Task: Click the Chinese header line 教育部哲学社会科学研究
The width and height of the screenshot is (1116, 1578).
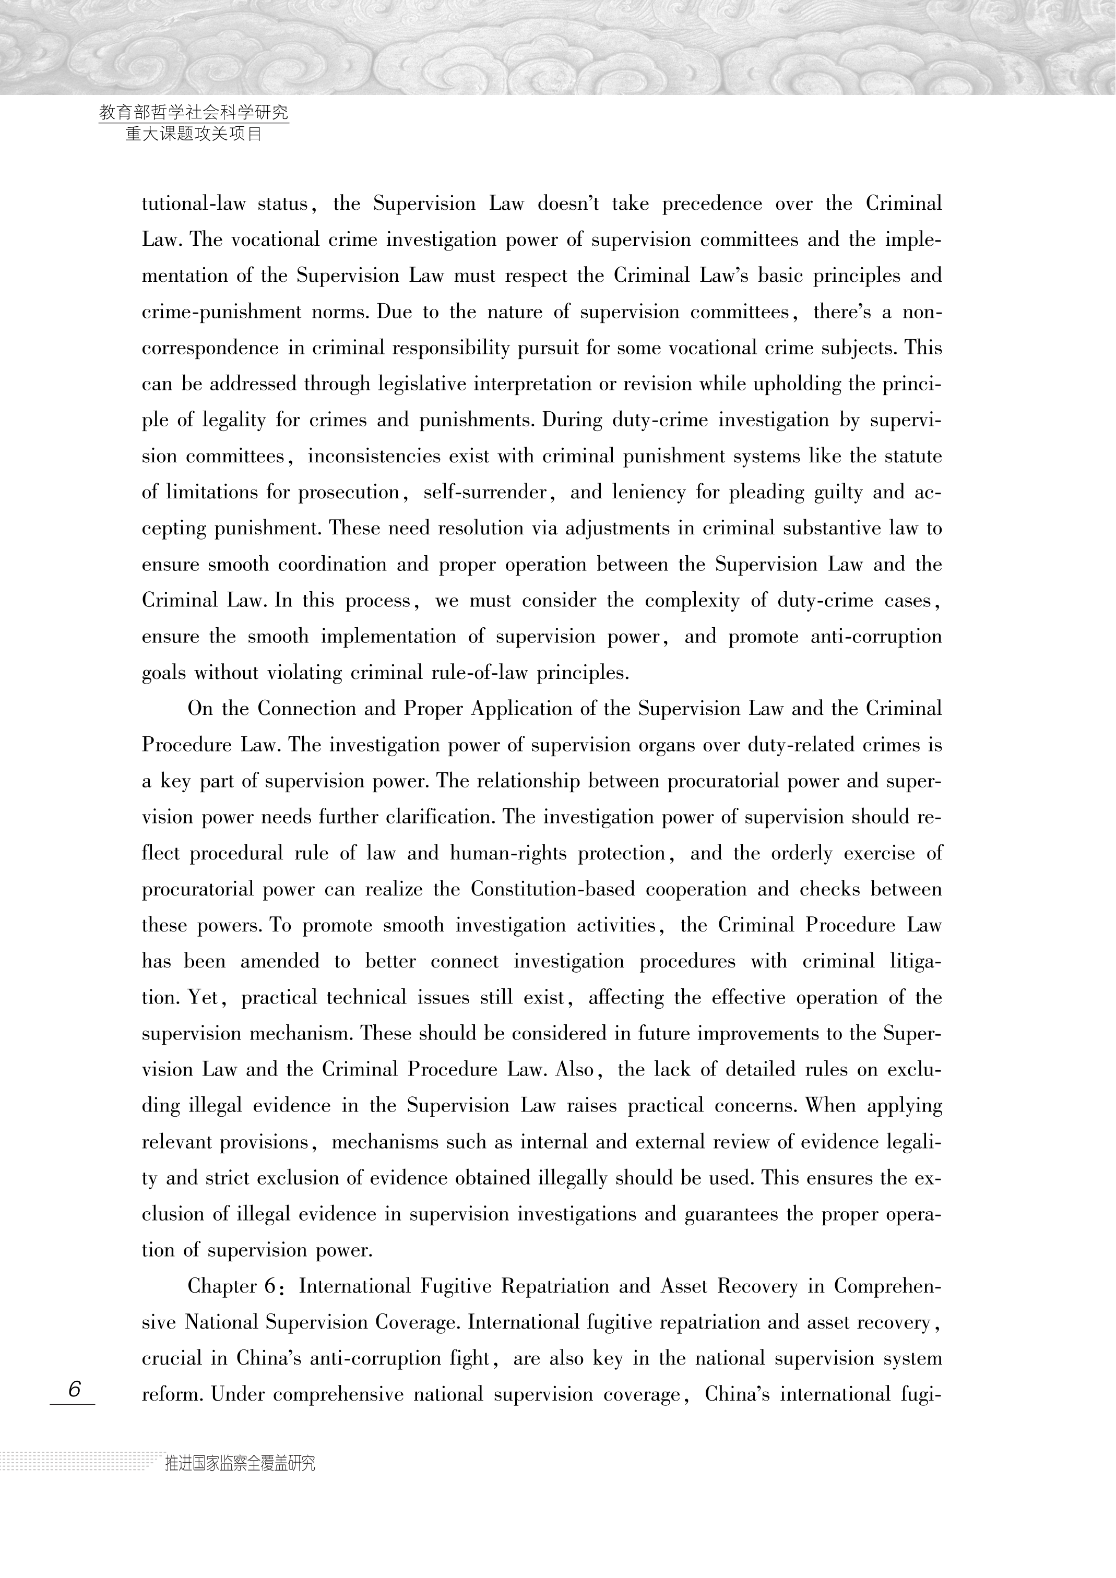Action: point(193,112)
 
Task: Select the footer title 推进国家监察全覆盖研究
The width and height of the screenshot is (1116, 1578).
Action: point(240,1463)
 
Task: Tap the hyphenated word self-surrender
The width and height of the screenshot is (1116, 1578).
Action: point(485,493)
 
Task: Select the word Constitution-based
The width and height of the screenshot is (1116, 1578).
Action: point(553,889)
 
